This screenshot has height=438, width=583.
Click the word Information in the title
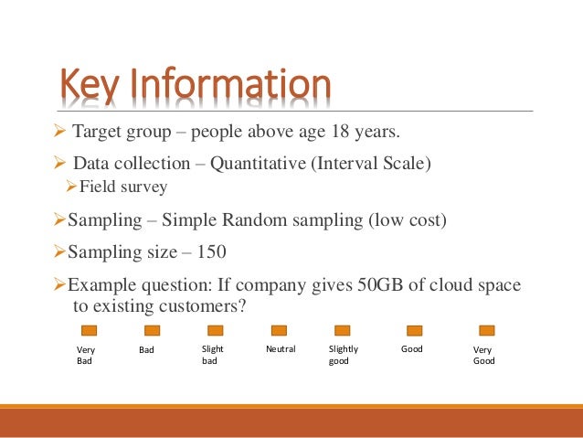click(228, 85)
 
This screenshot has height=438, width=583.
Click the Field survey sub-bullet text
click(123, 187)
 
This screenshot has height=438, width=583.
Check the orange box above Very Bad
click(90, 330)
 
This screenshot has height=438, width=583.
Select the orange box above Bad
click(152, 330)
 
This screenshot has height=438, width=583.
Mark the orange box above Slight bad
click(216, 330)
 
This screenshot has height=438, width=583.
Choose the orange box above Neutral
click(279, 330)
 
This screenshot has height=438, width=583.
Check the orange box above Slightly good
click(343, 330)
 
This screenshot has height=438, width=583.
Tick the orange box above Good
click(415, 330)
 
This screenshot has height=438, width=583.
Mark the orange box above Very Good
click(486, 330)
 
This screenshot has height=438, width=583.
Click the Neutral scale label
click(279, 349)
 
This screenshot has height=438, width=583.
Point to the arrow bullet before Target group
click(62, 134)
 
